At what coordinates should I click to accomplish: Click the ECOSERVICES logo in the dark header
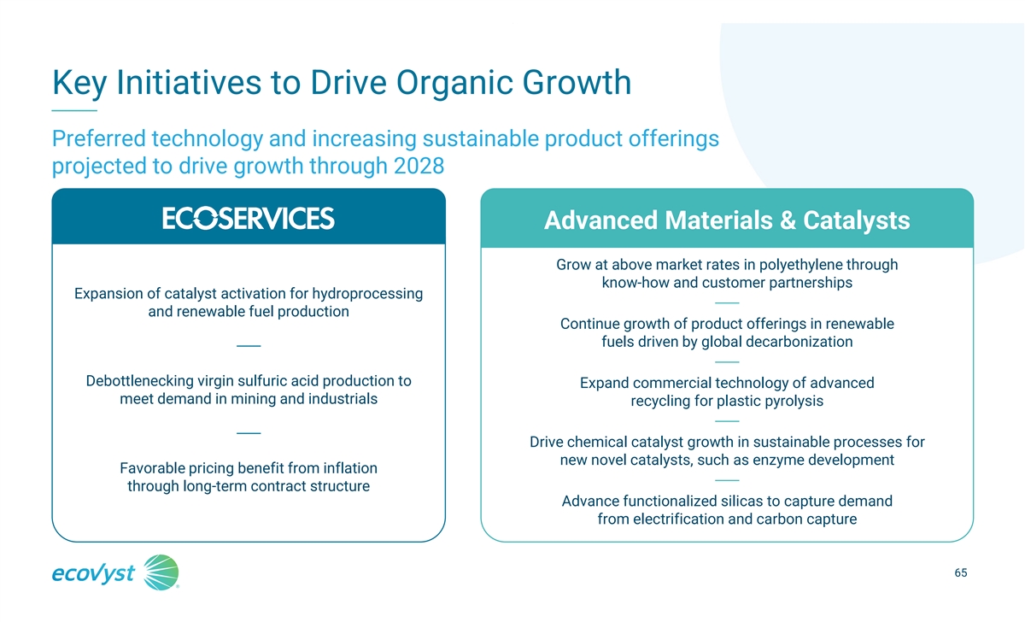[x=249, y=218]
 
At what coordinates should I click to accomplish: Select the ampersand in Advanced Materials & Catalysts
[x=788, y=220]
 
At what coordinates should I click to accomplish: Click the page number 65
[x=960, y=572]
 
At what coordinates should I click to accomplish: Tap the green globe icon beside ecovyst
[x=161, y=572]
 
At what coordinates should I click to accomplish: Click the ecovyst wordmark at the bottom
[x=93, y=574]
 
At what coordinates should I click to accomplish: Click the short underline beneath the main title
[x=74, y=110]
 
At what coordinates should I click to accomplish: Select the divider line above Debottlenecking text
[x=249, y=346]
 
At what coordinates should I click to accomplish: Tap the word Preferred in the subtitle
[x=99, y=138]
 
